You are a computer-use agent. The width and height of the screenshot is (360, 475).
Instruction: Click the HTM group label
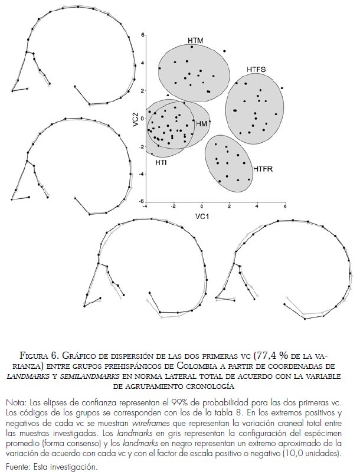tap(195, 40)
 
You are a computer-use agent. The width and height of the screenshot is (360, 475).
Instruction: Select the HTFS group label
tap(256, 70)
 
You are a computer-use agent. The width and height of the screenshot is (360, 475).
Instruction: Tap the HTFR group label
tap(264, 169)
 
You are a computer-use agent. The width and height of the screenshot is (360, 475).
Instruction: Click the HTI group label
tap(160, 162)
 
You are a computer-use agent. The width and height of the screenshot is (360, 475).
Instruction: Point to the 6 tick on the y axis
tap(142, 35)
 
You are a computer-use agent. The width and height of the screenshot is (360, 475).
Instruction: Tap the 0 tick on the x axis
tap(202, 207)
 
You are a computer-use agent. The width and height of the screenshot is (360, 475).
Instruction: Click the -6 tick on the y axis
tap(141, 202)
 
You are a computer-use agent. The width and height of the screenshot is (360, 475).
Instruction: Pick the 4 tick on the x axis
tap(257, 207)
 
